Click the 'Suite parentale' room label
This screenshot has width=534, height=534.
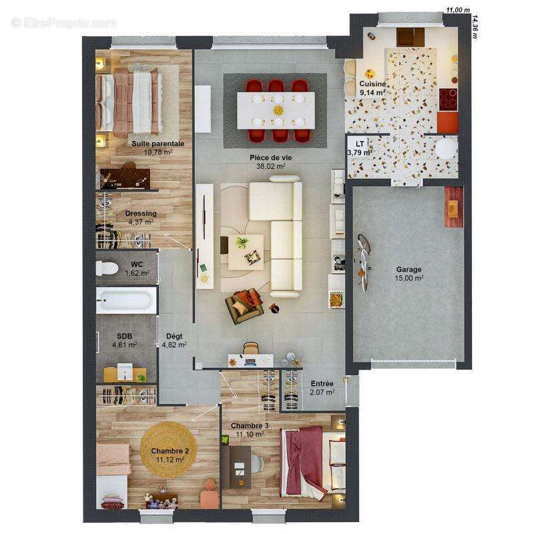coord(158,144)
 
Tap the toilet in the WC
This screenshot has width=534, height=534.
coord(107,268)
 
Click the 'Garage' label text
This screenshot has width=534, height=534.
coord(409,270)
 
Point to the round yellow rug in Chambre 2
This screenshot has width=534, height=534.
coord(169,449)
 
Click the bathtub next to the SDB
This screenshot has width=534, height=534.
coord(125,300)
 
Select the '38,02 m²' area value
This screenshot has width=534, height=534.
coord(271,167)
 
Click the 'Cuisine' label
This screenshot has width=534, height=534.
coord(372,84)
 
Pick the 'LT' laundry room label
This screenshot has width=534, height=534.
coord(360,144)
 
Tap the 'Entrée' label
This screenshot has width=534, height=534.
coord(322,384)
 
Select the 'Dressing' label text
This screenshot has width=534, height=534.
coord(141,214)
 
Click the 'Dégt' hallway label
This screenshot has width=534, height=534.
coord(174,336)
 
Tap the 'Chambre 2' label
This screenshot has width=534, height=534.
coord(170,451)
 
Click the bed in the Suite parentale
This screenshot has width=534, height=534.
coord(130,100)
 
